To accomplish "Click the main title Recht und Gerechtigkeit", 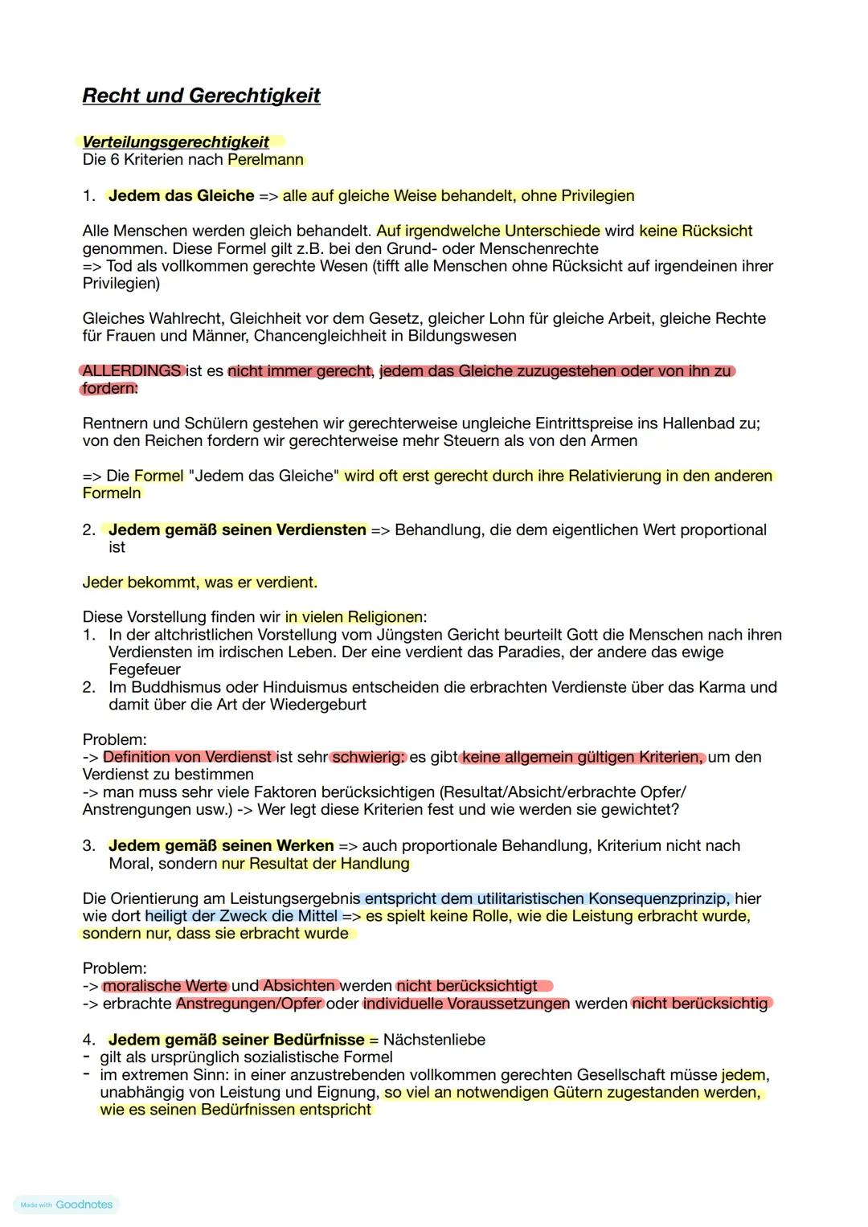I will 201,96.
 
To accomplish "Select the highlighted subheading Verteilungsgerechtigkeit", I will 176,142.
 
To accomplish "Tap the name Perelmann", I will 266,160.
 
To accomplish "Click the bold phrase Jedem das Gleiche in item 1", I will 182,196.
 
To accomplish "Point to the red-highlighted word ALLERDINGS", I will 132,371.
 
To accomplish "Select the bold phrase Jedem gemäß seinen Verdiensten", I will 238,530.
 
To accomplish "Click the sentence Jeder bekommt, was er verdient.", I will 200,583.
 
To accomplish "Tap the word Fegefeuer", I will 145,669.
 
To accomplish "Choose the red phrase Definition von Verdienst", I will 188,757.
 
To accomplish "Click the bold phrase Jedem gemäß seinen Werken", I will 221,846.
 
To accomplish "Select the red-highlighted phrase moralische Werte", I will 166,986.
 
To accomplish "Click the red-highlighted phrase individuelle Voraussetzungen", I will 466,1004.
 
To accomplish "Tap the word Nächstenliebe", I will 434,1040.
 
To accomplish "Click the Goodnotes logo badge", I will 67,1205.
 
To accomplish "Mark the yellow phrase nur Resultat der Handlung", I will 315,864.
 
